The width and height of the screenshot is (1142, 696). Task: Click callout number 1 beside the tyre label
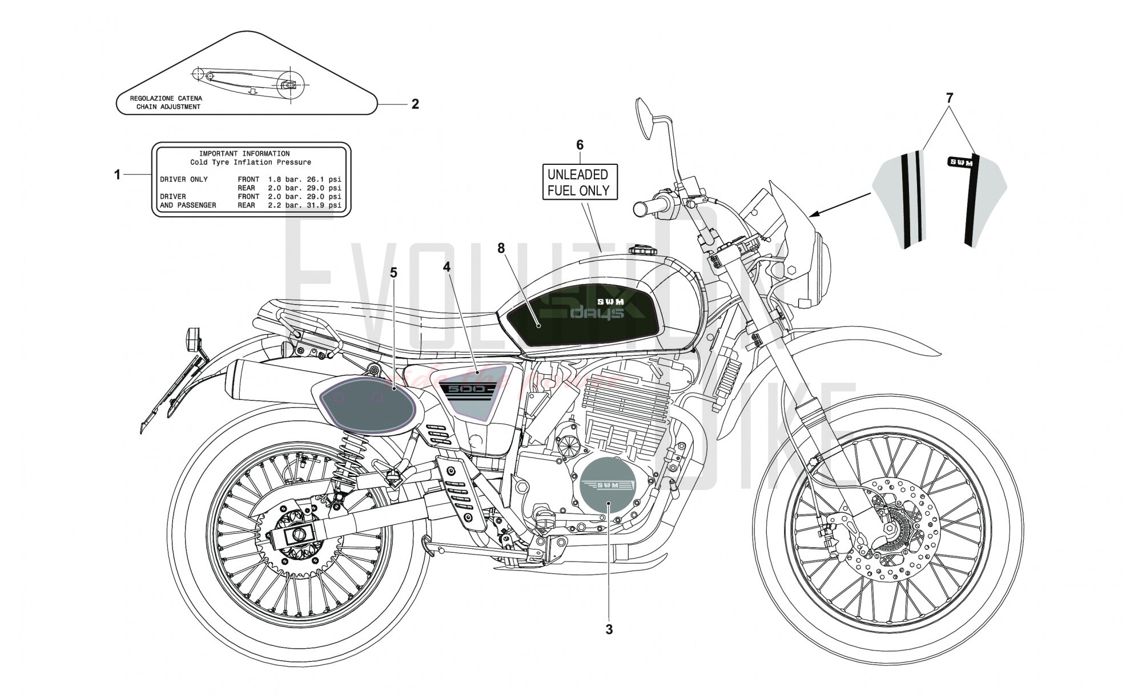click(118, 175)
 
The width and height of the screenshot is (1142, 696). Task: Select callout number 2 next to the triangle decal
click(415, 104)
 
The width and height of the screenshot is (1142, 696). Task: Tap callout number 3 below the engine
click(609, 629)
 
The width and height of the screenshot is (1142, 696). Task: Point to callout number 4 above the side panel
click(447, 266)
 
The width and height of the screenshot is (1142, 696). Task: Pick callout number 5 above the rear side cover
click(393, 273)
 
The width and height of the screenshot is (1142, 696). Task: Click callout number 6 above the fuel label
click(580, 145)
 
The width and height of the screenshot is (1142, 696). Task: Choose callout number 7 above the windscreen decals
click(949, 98)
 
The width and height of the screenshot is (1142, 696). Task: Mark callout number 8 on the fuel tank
click(501, 248)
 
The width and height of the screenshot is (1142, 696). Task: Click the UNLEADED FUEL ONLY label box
click(579, 182)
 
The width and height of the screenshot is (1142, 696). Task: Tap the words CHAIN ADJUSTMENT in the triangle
click(168, 107)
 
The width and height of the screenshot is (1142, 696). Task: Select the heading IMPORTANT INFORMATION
click(244, 153)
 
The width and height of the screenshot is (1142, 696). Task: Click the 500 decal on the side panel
click(467, 389)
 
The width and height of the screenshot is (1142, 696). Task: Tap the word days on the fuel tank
click(598, 313)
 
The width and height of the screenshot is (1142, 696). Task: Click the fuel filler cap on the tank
click(641, 249)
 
